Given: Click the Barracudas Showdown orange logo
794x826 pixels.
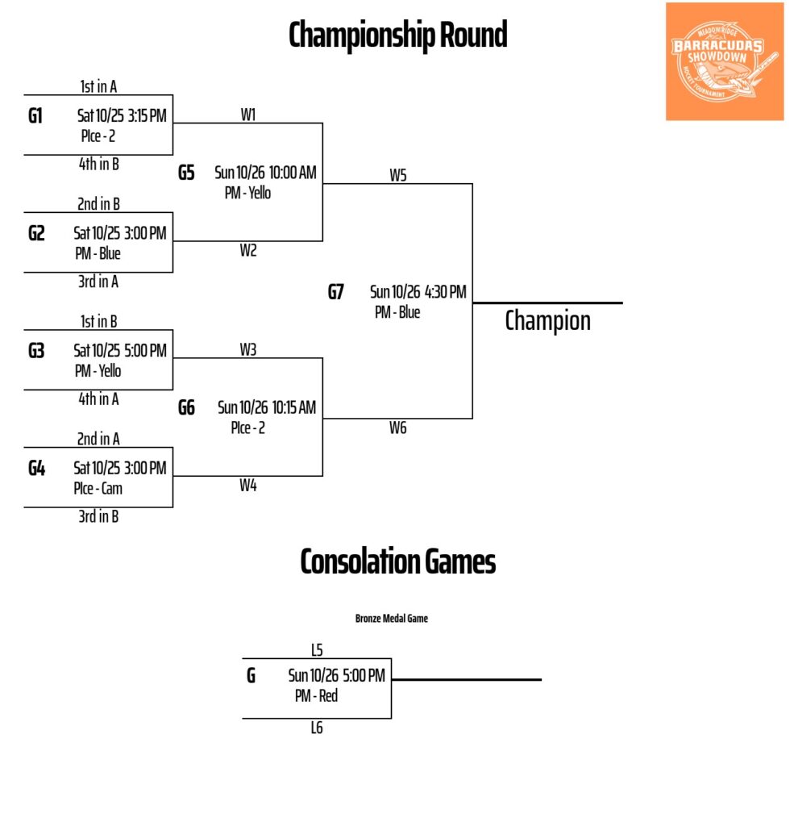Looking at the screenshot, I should pos(724,61).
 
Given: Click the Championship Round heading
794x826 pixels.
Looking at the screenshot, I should pos(397,35).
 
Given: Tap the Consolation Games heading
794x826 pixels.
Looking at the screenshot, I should pos(397,561).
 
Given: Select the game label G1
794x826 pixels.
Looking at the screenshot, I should pos(35,115).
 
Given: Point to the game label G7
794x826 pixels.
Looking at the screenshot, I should pos(335,292).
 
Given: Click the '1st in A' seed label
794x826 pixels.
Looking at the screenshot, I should pos(98,86).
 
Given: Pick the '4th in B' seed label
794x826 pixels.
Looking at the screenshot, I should pos(98,164).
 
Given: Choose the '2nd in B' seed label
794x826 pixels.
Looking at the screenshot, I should pos(98,204).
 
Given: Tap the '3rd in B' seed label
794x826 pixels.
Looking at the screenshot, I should pos(98,516).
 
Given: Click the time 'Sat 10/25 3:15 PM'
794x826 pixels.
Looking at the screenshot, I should pos(121,115).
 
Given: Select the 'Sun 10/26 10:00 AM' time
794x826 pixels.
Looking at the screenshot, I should pos(265,172).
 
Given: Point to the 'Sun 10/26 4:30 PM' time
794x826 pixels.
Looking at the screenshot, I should pos(418,292).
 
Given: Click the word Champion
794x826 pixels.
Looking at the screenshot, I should pos(547,320).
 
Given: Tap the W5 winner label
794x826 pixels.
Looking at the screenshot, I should pos(397,175).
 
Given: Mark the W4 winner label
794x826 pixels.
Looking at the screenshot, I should pos(247,486).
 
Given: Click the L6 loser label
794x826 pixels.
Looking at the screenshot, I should pos(317,728).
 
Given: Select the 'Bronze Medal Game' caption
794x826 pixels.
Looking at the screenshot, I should pos(391,619).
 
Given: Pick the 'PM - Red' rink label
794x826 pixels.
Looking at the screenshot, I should pos(316,695).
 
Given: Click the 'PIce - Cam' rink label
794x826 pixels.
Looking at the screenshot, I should pos(98,488).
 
